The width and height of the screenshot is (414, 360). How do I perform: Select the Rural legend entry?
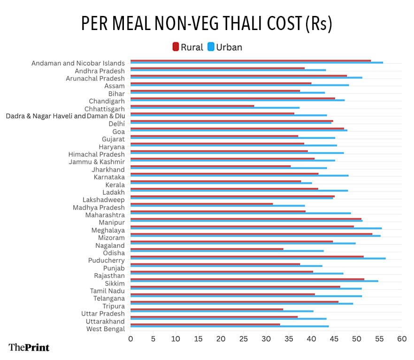tap(188, 47)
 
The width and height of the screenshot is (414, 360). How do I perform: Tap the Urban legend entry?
tap(225, 47)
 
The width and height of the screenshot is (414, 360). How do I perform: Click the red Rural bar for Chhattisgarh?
tap(192, 106)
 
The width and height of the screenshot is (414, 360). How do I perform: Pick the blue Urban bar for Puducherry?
tap(258, 258)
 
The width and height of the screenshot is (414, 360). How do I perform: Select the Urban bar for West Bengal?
tap(230, 326)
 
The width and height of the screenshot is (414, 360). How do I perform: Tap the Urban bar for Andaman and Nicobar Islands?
tap(256, 62)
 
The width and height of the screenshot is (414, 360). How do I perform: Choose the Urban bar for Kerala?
tap(221, 183)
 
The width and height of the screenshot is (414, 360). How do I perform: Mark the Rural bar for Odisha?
tap(207, 249)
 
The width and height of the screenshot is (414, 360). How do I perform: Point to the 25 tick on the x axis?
tap(244, 338)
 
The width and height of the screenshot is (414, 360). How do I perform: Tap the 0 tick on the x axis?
tap(130, 338)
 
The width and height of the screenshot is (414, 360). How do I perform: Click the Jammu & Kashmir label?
tap(97, 162)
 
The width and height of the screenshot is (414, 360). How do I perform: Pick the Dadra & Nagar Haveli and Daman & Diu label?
tap(65, 116)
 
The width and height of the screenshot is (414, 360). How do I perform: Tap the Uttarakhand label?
tap(105, 322)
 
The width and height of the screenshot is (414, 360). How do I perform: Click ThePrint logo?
tap(29, 347)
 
